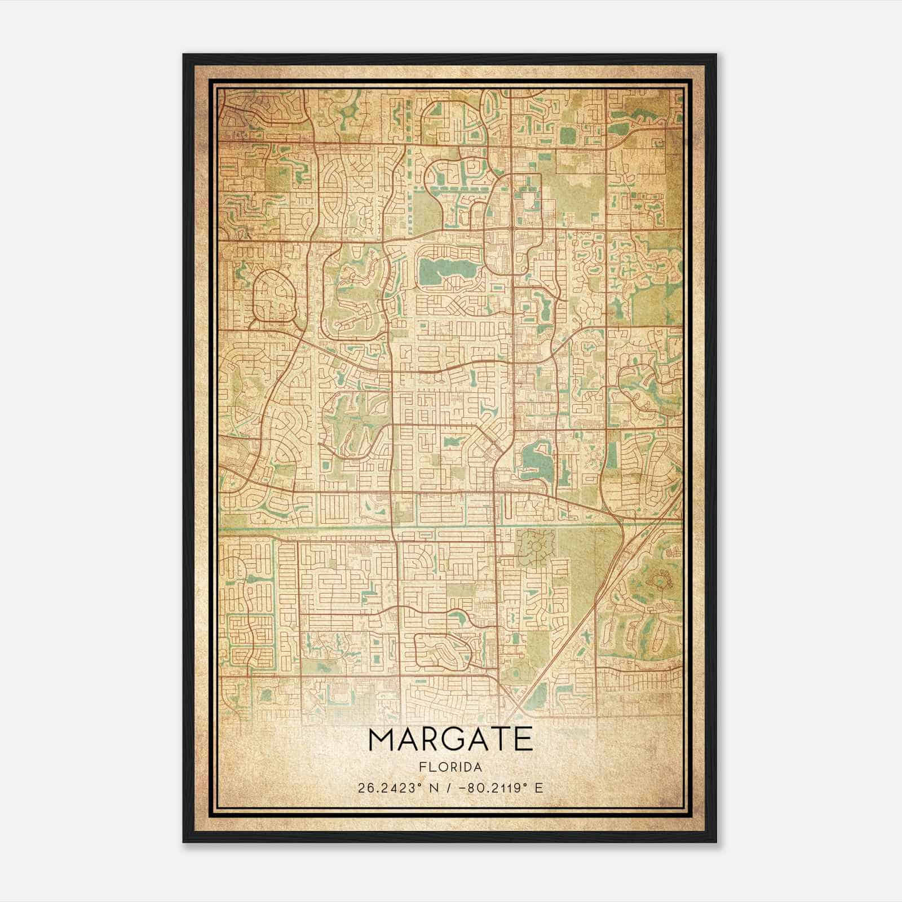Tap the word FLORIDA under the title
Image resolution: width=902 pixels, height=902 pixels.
[450, 767]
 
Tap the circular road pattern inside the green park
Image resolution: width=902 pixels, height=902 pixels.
[533, 545]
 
